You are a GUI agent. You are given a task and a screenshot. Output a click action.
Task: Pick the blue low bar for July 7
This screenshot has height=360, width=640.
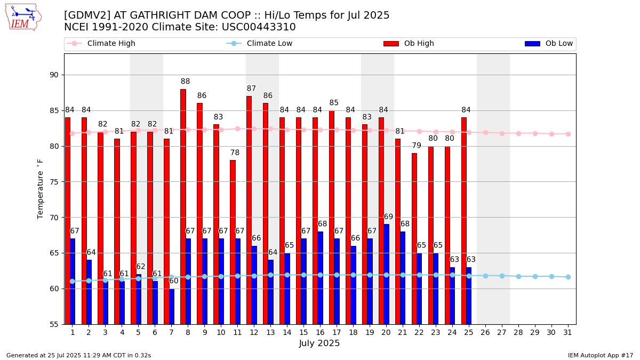[172, 306]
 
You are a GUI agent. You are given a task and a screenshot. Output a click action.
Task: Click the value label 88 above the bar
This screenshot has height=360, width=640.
[185, 82]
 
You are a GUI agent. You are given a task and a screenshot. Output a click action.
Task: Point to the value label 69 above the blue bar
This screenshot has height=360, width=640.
[388, 217]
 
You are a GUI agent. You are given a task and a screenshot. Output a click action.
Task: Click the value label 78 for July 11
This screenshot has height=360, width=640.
[235, 153]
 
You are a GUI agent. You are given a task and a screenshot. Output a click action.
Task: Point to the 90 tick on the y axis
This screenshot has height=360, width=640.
[53, 75]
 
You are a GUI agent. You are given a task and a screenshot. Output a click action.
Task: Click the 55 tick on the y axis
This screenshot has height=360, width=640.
[53, 324]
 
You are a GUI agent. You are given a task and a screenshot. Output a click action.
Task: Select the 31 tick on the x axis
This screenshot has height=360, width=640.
[568, 332]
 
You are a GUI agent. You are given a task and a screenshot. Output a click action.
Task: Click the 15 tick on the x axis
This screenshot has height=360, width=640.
[303, 332]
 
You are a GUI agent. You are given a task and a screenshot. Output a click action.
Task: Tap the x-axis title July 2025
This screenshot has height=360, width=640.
[319, 343]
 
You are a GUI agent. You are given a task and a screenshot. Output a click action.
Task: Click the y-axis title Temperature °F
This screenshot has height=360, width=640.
[41, 188]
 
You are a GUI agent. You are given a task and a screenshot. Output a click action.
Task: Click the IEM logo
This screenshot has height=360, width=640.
[23, 17]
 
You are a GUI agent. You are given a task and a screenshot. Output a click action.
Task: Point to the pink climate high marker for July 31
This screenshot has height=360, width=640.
[568, 134]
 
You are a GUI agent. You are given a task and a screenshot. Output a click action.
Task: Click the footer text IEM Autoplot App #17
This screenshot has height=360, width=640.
[600, 355]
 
